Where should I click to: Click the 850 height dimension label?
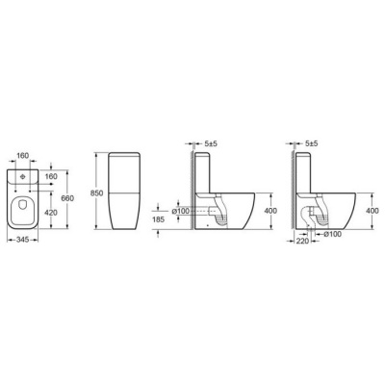tap(96, 193)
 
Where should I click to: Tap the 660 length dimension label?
tap(68, 198)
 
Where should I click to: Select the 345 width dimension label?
tap(23, 240)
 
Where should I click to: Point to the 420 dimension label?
tap(51, 213)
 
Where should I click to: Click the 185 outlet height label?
tap(159, 219)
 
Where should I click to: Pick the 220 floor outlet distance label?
tap(302, 241)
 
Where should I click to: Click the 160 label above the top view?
tap(23, 156)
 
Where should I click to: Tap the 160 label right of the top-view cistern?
tap(51, 176)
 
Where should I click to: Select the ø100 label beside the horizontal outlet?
tap(180, 211)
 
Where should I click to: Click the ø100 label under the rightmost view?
tap(333, 234)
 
